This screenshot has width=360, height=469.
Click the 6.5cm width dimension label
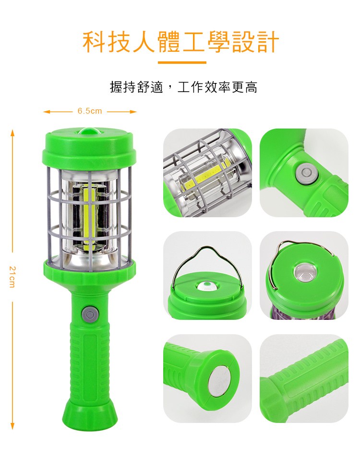click(90, 111)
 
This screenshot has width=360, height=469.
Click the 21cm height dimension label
click(12, 276)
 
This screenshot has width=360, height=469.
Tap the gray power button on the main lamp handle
click(90, 314)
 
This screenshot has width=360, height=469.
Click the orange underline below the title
click(182, 62)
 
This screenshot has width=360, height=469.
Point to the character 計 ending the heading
click(267, 41)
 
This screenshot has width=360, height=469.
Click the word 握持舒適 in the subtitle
click(137, 87)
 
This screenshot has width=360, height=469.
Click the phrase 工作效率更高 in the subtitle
click(217, 87)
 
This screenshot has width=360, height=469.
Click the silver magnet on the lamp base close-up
click(220, 382)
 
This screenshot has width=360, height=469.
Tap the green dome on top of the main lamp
click(90, 132)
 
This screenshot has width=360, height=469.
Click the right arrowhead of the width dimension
click(133, 112)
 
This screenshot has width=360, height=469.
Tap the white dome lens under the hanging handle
click(207, 286)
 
